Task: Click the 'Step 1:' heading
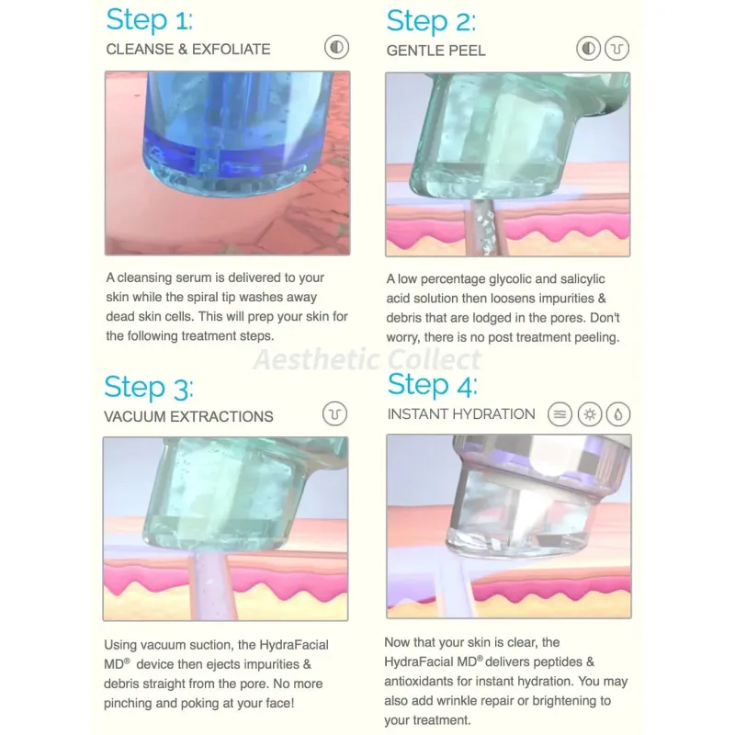(149, 20)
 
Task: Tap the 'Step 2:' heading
(431, 21)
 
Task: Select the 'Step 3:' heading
(149, 388)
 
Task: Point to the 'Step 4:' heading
(432, 385)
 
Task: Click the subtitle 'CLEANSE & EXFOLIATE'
(188, 50)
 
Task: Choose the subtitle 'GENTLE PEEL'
(435, 51)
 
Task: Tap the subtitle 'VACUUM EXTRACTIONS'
(188, 417)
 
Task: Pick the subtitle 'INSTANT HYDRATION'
(461, 414)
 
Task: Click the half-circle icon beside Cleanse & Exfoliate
(336, 48)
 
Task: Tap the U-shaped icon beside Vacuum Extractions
(334, 414)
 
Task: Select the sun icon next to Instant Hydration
(589, 414)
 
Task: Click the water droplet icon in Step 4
(618, 414)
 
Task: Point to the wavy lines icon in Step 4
(560, 414)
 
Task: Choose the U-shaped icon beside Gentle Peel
(616, 49)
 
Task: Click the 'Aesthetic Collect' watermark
(367, 360)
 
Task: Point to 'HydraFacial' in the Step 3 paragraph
(294, 645)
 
